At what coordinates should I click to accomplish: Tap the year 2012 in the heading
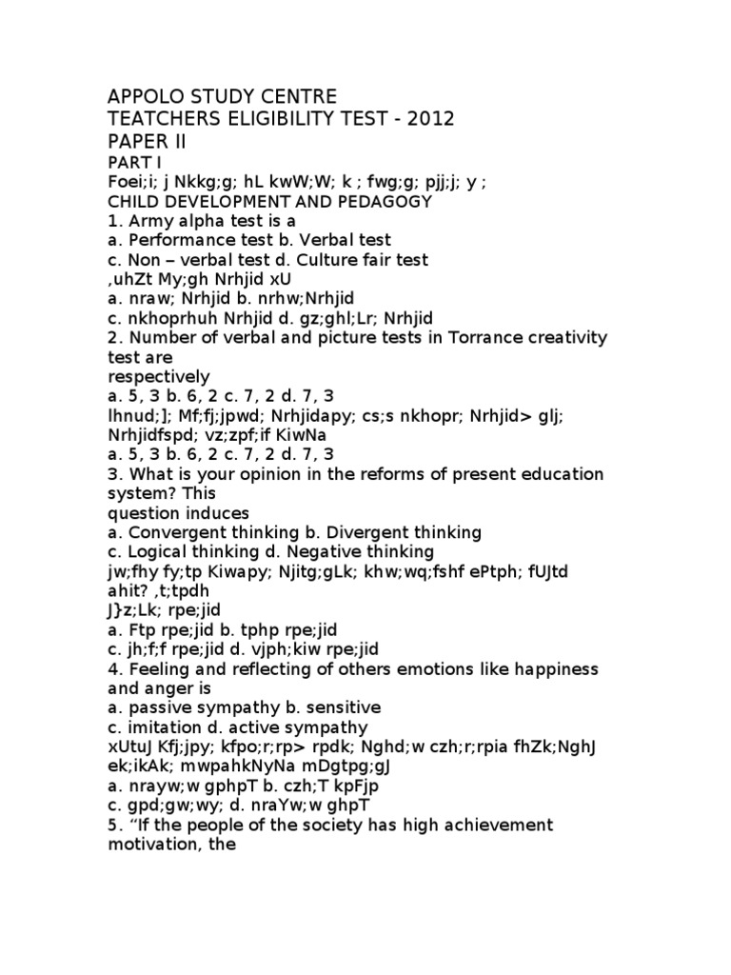[x=402, y=118]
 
